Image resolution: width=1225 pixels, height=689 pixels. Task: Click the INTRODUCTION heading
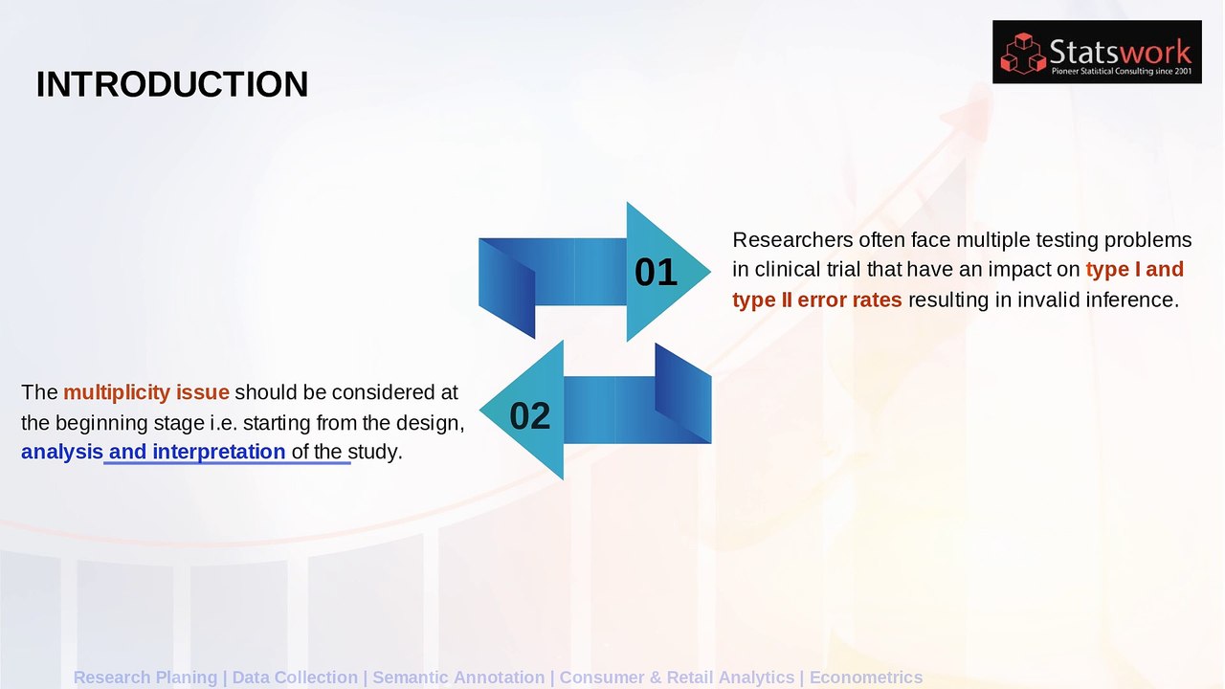(x=172, y=84)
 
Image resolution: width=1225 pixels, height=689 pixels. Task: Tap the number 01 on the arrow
(x=656, y=273)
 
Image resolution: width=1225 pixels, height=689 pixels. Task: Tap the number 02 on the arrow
(x=530, y=416)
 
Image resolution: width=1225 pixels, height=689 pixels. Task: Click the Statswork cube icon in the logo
(x=1022, y=54)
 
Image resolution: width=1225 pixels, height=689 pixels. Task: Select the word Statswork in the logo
(x=1120, y=50)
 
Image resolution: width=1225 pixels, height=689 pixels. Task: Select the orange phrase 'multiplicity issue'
(x=146, y=392)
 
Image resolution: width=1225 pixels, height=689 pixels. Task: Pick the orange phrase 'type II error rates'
(x=816, y=300)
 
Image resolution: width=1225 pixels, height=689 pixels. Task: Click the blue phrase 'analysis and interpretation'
(x=153, y=452)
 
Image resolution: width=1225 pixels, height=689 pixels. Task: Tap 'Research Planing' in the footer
(x=145, y=678)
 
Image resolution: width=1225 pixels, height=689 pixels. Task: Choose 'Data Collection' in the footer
(x=295, y=678)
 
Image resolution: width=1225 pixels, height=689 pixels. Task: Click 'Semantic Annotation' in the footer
(x=458, y=678)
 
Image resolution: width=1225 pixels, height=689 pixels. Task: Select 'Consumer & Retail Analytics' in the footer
(x=677, y=678)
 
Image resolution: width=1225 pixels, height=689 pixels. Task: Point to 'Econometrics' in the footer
(x=866, y=678)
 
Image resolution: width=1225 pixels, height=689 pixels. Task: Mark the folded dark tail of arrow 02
(x=683, y=392)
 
